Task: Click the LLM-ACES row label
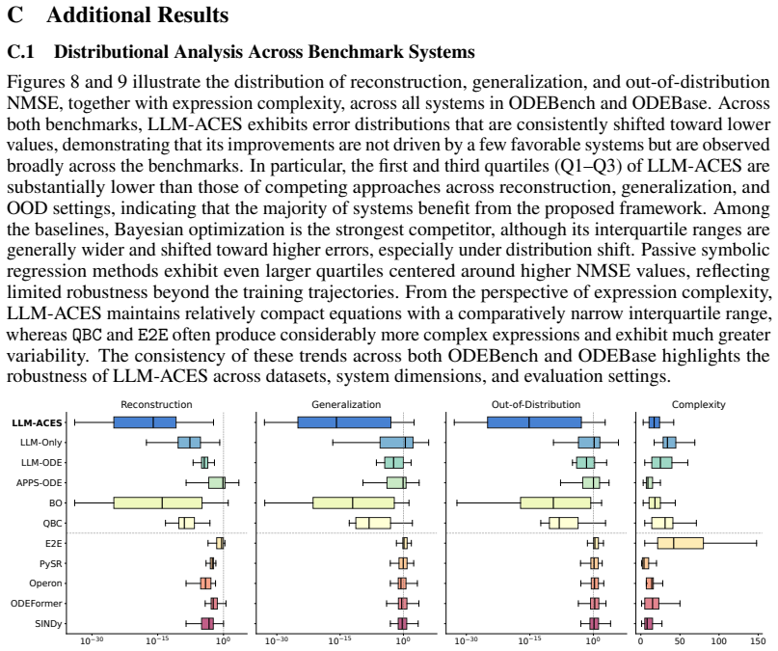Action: tap(38, 422)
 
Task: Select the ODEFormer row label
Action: tap(37, 604)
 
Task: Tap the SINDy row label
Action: tap(48, 624)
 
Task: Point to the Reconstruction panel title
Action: tap(156, 404)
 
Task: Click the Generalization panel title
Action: tap(346, 404)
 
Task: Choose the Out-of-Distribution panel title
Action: tap(536, 404)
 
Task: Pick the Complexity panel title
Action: tap(698, 404)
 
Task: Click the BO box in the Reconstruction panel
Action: tap(158, 502)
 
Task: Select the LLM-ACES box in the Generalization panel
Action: tap(344, 422)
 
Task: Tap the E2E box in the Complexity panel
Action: tap(681, 543)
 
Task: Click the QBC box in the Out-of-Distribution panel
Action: tap(563, 523)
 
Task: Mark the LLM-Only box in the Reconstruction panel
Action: tap(189, 443)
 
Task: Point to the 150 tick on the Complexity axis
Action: tap(758, 641)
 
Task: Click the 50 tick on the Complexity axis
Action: tap(680, 641)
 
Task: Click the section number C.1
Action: tap(21, 52)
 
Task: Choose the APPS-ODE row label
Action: tap(40, 483)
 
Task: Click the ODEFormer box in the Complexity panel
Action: tap(652, 604)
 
